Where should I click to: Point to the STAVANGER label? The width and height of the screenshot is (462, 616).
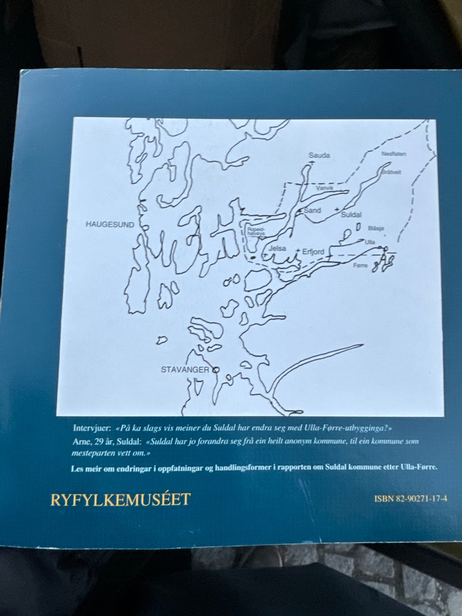(x=185, y=370)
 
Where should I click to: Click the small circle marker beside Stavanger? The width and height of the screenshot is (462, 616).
(x=215, y=370)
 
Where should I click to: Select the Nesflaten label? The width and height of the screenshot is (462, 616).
(x=394, y=154)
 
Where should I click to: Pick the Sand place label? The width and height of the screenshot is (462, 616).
(x=312, y=210)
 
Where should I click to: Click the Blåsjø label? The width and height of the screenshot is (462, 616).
(x=376, y=229)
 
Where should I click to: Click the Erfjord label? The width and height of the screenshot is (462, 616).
(x=313, y=251)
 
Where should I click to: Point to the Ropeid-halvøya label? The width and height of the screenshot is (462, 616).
(x=256, y=232)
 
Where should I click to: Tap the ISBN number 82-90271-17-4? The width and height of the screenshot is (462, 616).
(x=411, y=499)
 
